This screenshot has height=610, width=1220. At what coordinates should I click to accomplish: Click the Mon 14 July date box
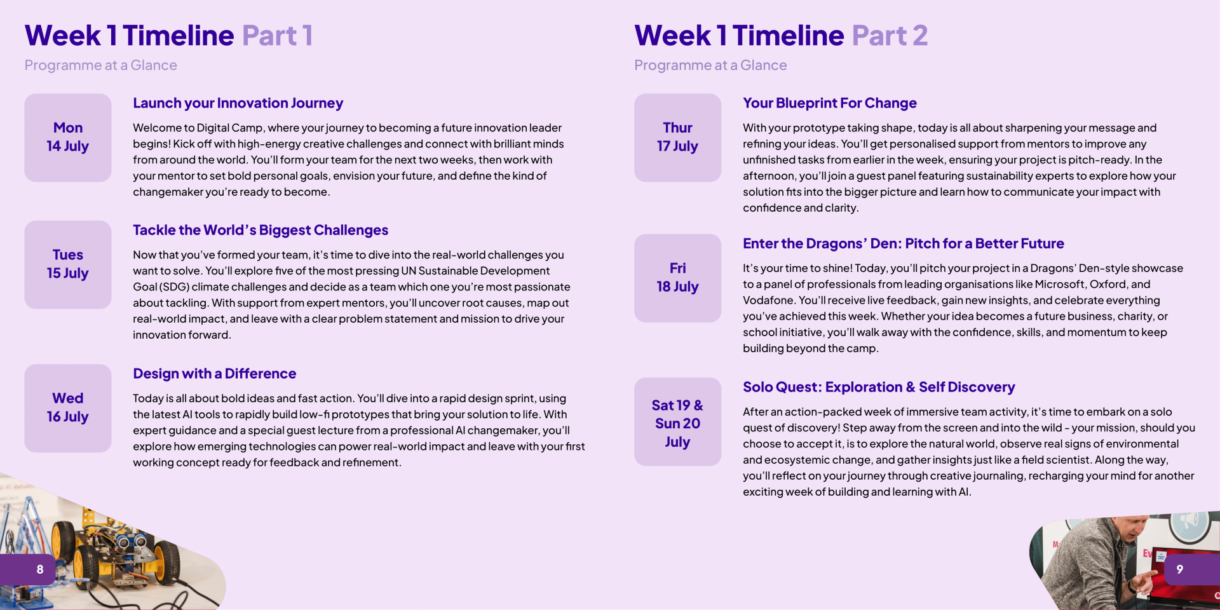point(68,138)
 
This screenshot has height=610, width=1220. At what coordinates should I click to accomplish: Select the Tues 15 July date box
point(68,264)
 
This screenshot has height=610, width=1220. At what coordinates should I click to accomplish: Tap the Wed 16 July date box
point(68,408)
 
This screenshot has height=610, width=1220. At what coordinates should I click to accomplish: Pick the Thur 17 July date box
point(678,138)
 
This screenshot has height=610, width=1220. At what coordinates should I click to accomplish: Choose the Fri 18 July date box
point(678,278)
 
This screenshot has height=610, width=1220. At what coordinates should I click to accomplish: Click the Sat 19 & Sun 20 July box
point(678,422)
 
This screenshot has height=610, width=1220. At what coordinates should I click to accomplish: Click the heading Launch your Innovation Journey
point(238,104)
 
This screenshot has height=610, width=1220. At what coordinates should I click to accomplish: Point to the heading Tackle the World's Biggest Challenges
point(261,230)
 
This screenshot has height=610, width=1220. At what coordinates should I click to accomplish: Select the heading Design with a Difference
point(215,374)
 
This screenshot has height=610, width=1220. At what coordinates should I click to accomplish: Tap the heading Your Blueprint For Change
point(830,104)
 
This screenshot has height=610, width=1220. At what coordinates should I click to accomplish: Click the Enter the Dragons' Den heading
point(904,243)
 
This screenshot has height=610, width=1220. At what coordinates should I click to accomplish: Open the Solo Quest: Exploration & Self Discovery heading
point(879,387)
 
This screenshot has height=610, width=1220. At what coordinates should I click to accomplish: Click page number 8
point(40,569)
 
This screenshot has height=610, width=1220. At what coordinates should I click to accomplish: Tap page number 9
point(1180,569)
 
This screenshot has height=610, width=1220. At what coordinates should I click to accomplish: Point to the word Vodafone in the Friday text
point(768,300)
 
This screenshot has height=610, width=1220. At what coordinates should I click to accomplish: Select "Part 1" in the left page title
point(278,36)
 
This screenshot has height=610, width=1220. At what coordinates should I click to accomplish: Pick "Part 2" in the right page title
point(890,36)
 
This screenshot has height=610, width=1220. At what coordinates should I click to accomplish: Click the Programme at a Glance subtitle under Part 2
point(710,65)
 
